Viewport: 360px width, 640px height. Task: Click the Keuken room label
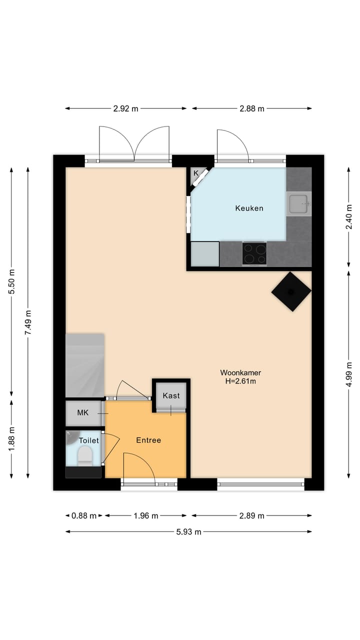pyautogui.click(x=249, y=208)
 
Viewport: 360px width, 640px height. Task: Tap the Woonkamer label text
pyautogui.click(x=240, y=372)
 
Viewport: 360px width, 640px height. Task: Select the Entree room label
pyautogui.click(x=148, y=440)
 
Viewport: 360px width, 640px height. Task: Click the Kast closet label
pyautogui.click(x=171, y=395)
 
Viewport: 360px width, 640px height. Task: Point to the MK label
pyautogui.click(x=83, y=412)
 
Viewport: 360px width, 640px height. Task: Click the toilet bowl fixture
pyautogui.click(x=85, y=455)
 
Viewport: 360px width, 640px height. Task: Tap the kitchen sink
pyautogui.click(x=298, y=203)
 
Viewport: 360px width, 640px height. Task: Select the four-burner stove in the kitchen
pyautogui.click(x=254, y=253)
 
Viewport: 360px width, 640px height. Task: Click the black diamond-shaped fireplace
pyautogui.click(x=291, y=291)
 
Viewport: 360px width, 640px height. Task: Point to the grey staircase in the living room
pyautogui.click(x=85, y=365)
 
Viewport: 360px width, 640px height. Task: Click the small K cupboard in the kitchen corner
pyautogui.click(x=196, y=173)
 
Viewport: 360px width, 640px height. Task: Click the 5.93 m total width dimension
pyautogui.click(x=188, y=532)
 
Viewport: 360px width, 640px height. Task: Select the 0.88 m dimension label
pyautogui.click(x=84, y=516)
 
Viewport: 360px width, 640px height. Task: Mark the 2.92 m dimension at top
pyautogui.click(x=125, y=108)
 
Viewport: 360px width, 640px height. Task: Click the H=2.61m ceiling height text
pyautogui.click(x=240, y=381)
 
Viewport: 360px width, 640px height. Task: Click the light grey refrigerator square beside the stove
pyautogui.click(x=205, y=254)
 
